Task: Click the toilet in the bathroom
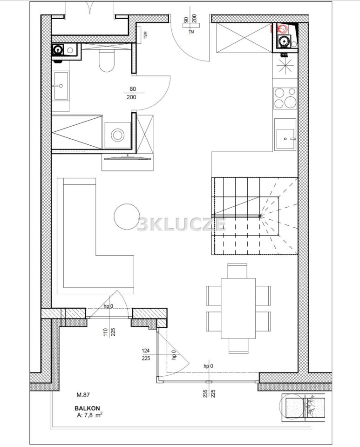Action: pyautogui.click(x=107, y=61)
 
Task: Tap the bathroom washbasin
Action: pyautogui.click(x=61, y=86)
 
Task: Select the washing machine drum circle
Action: pyautogui.click(x=117, y=135)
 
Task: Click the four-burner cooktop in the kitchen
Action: pyautogui.click(x=285, y=98)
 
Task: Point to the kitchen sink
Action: pyautogui.click(x=285, y=139)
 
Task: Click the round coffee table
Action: pyautogui.click(x=127, y=217)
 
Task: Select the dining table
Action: pyautogui.click(x=238, y=308)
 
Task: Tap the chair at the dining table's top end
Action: pyautogui.click(x=238, y=271)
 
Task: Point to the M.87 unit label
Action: pyautogui.click(x=83, y=395)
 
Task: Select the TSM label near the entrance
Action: pyautogui.click(x=145, y=34)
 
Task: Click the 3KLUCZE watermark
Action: pyautogui.click(x=182, y=224)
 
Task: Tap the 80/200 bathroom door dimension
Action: pyautogui.click(x=131, y=93)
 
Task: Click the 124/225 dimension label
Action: pyautogui.click(x=146, y=355)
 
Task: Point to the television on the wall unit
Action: pyautogui.click(x=128, y=158)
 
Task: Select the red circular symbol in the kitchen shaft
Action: pyautogui.click(x=283, y=28)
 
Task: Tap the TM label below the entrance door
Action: pyautogui.click(x=191, y=32)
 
